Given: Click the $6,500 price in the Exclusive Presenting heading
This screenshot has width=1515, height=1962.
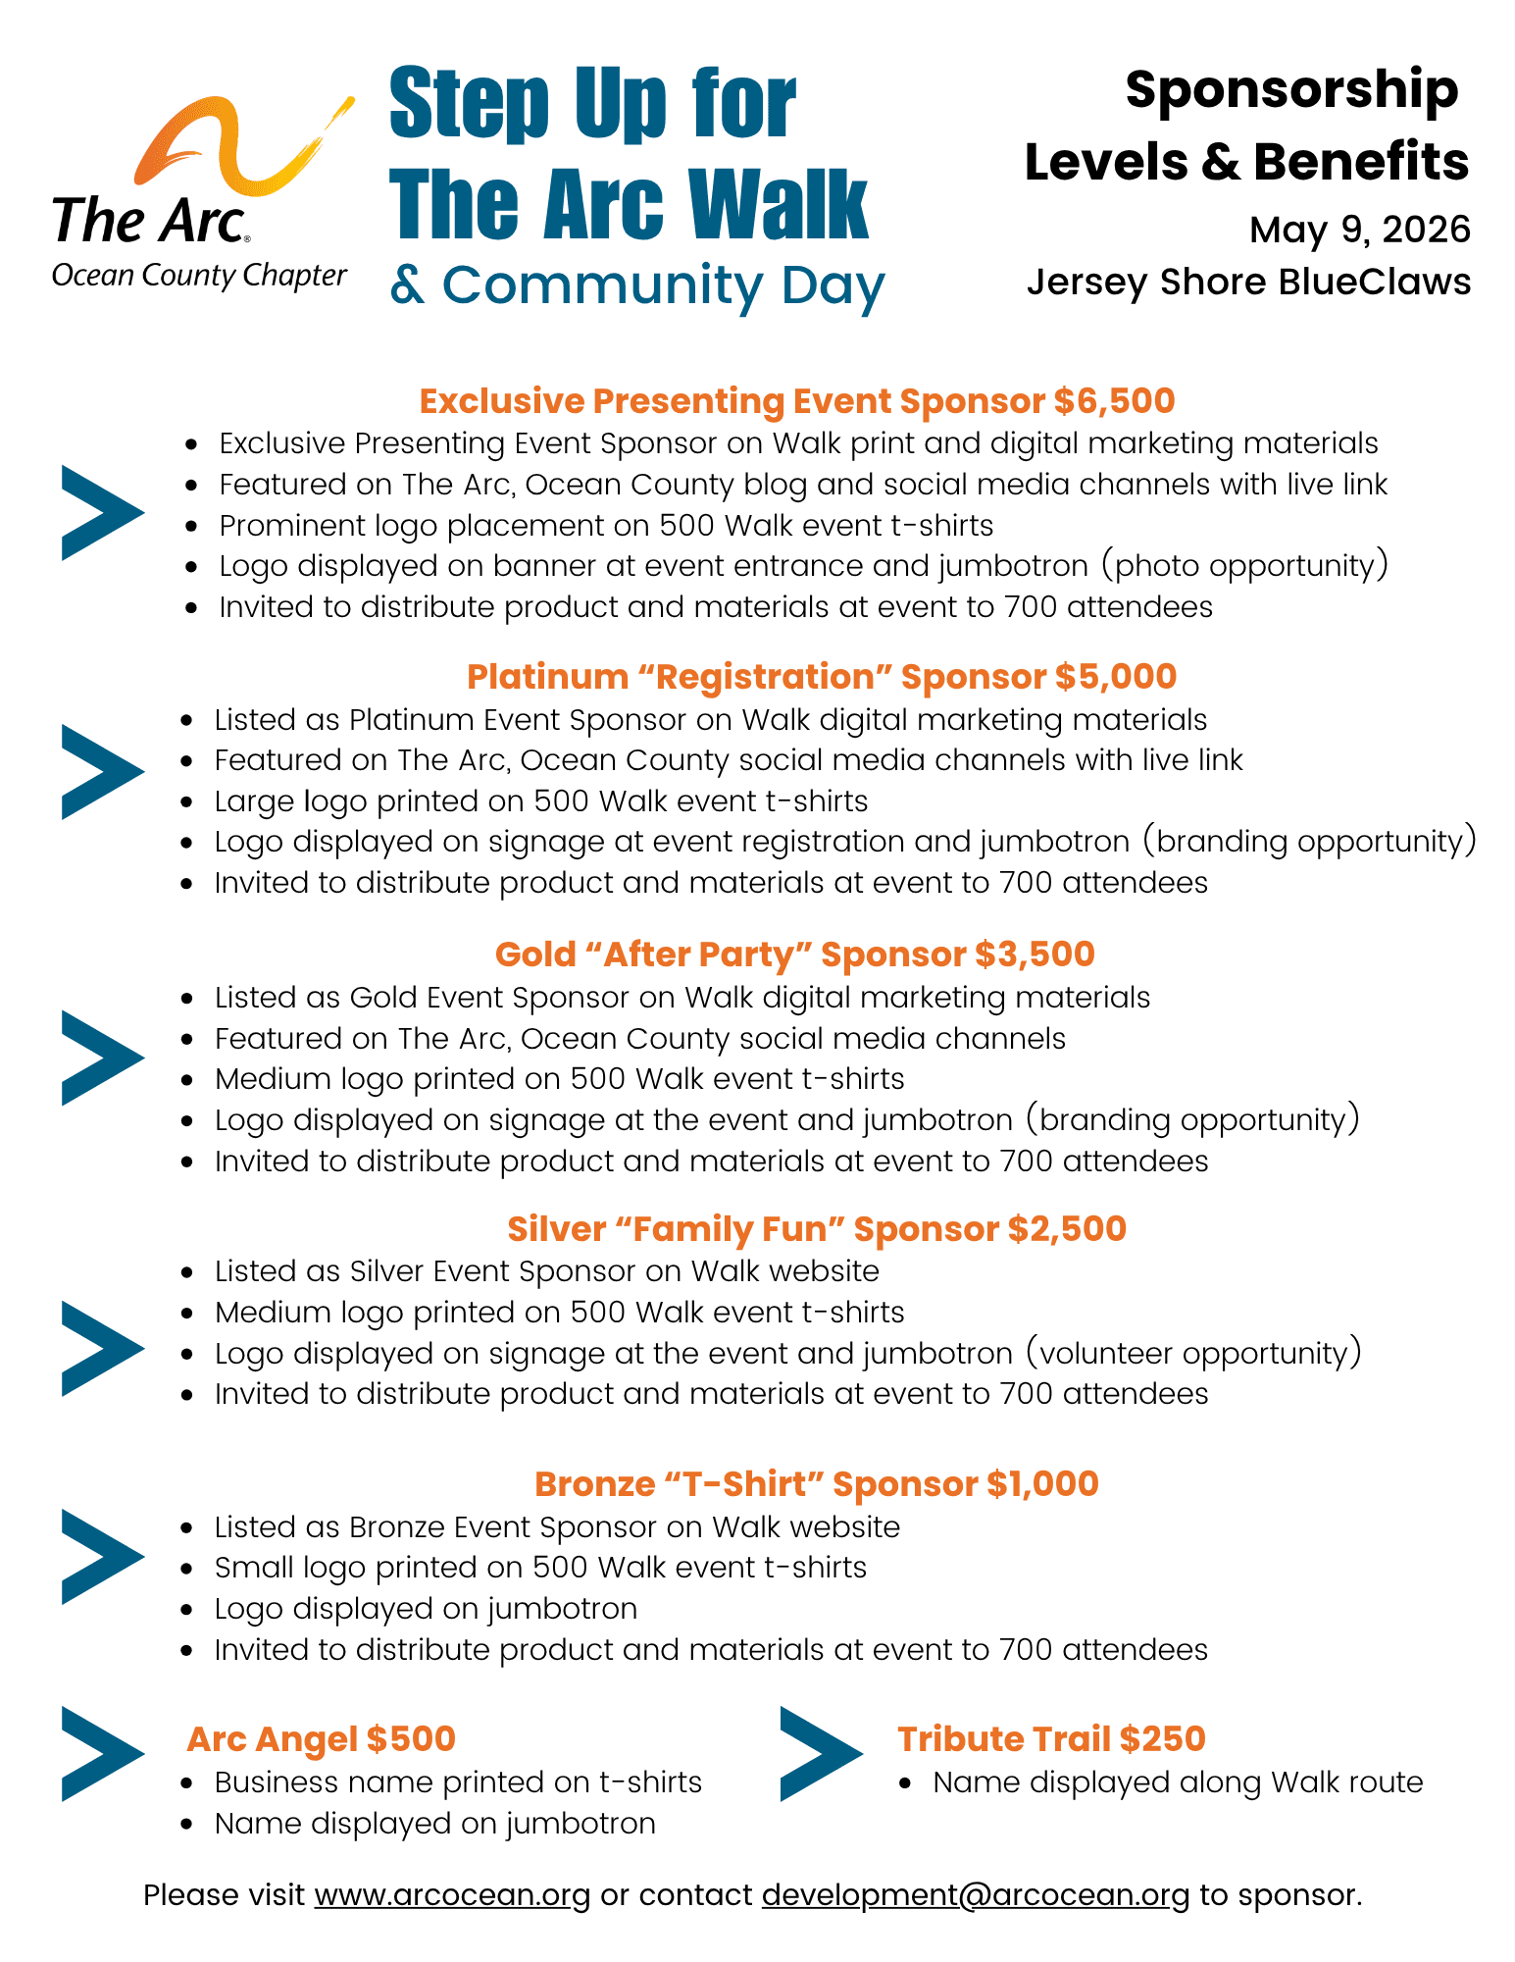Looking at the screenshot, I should (x=1115, y=401).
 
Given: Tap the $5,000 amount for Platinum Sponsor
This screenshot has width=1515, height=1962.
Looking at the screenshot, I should (x=1116, y=677).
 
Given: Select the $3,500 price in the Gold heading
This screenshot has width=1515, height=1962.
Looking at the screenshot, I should (x=1035, y=955).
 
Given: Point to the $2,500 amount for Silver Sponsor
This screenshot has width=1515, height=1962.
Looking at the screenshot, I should (x=1067, y=1229).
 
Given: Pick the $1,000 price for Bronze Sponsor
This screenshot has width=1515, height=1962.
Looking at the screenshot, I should (x=1042, y=1484).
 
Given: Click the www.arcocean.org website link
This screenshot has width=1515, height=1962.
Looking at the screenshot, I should (x=452, y=1895).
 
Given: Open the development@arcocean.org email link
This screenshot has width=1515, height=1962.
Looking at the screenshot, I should (x=975, y=1895).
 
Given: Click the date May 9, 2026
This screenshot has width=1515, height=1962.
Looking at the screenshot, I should (x=1359, y=231).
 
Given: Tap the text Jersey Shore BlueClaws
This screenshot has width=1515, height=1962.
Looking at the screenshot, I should (x=1248, y=283).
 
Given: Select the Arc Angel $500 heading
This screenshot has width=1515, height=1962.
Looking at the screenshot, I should (x=321, y=1739).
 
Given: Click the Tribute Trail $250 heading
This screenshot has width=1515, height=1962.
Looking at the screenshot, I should (x=1050, y=1739).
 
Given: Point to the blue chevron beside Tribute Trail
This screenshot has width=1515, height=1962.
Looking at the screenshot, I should (x=820, y=1754).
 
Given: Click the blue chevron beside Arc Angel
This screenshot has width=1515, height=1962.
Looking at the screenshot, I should (x=101, y=1754).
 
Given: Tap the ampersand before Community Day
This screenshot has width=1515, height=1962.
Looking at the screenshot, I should (x=407, y=285).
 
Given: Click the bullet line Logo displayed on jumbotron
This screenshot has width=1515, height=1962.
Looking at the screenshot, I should (x=426, y=1609).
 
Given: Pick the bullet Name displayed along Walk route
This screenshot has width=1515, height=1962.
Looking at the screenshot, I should (x=1177, y=1782).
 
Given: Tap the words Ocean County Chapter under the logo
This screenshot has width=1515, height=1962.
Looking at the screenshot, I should (x=199, y=276).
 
